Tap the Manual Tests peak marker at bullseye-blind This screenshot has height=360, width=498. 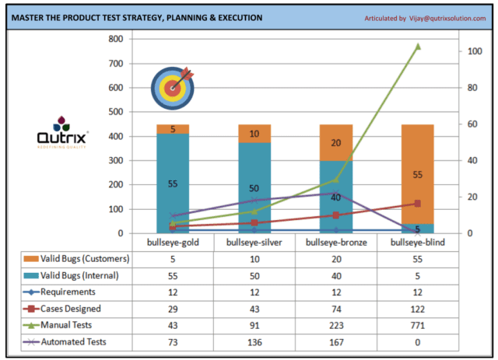418,47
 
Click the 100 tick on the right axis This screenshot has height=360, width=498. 471,51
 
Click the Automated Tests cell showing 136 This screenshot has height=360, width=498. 254,341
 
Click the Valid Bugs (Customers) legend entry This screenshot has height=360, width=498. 75,259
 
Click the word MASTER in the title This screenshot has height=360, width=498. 33,18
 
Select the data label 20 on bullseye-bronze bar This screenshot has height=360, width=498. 336,143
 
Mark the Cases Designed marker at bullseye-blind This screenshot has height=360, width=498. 418,204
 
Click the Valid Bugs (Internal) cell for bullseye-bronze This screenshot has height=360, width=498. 336,275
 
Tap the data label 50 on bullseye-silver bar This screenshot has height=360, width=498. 254,189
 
